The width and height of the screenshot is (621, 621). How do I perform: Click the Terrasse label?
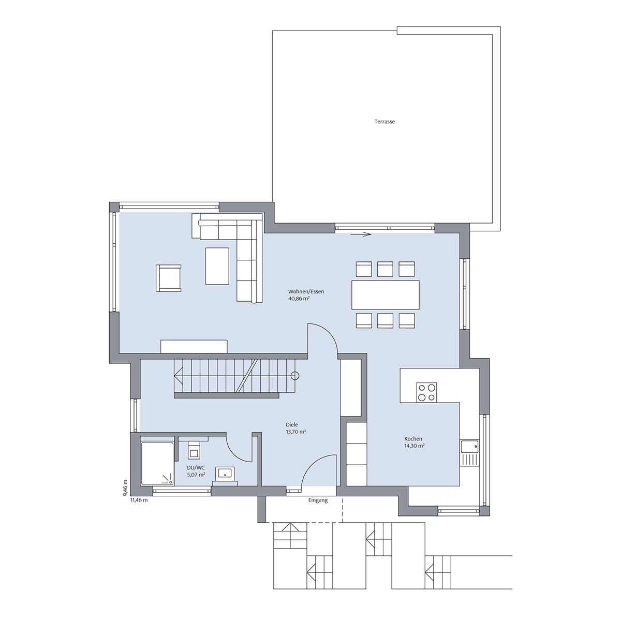pyautogui.click(x=385, y=122)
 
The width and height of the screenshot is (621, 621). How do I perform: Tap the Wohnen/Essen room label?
pyautogui.click(x=306, y=292)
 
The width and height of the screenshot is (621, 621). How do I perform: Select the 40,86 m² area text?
pyautogui.click(x=299, y=299)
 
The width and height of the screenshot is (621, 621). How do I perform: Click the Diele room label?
pyautogui.click(x=292, y=425)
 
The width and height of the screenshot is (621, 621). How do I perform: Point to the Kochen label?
pyautogui.click(x=413, y=439)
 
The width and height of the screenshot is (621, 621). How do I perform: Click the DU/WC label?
pyautogui.click(x=196, y=468)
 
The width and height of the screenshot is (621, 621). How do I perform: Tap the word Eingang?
pyautogui.click(x=318, y=500)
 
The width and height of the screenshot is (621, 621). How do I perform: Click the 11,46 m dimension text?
pyautogui.click(x=139, y=500)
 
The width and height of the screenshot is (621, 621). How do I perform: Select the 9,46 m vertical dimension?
pyautogui.click(x=126, y=489)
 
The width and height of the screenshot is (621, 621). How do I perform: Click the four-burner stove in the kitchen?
pyautogui.click(x=426, y=392)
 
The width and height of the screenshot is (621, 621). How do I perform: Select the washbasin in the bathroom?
pyautogui.click(x=225, y=474)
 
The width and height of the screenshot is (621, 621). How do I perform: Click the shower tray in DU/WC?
pyautogui.click(x=157, y=463)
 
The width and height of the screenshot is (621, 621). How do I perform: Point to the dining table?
pyautogui.click(x=386, y=295)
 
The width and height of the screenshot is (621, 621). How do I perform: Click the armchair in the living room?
pyautogui.click(x=169, y=278)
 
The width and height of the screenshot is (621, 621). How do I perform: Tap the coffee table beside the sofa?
pyautogui.click(x=217, y=266)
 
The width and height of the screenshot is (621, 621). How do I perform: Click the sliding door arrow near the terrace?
pyautogui.click(x=361, y=234)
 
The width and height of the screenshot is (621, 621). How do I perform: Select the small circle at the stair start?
pyautogui.click(x=294, y=376)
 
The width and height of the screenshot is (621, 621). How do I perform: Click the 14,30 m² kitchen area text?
pyautogui.click(x=414, y=446)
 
